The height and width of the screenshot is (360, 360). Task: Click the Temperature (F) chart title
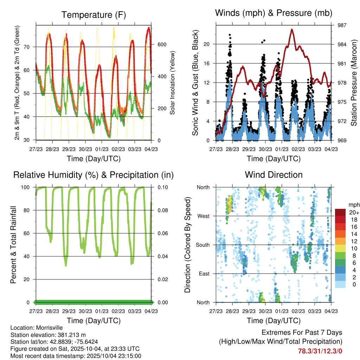94,15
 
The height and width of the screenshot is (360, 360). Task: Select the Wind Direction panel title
274,175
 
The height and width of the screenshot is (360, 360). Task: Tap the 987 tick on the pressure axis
342,25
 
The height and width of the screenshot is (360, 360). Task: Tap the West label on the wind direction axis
203,216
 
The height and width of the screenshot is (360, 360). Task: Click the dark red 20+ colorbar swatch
340,212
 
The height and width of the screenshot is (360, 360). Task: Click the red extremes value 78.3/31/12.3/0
320,351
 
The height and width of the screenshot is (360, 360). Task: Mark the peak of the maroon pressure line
292,30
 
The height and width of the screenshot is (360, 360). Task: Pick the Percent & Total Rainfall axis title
13,245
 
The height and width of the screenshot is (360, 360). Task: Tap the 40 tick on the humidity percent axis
28,256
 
